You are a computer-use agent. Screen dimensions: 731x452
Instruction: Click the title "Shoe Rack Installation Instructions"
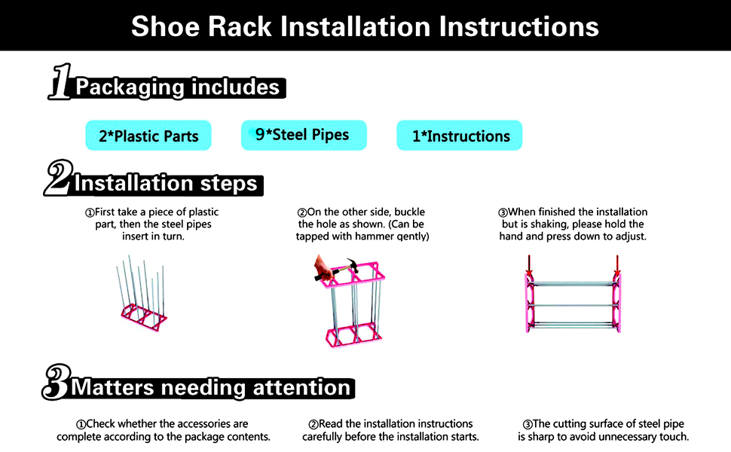coord(365,26)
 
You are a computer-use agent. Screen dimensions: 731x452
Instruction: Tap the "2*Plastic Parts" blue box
coord(148,136)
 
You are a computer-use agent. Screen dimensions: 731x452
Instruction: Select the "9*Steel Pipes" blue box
coord(303,135)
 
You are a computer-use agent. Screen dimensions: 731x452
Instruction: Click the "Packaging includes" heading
coord(178,87)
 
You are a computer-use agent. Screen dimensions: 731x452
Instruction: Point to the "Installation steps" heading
coord(166,183)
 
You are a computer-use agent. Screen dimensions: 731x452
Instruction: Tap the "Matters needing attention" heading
coord(211,387)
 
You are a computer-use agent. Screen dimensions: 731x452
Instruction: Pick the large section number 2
coord(57,179)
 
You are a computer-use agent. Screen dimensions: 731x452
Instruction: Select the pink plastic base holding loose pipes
coord(143,316)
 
